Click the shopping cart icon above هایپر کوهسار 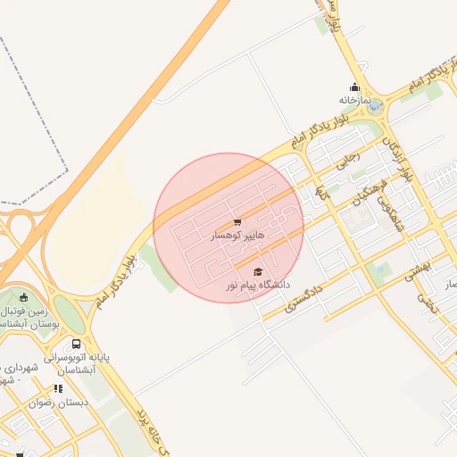237,222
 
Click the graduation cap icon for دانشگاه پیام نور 258,271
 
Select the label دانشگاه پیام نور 257,285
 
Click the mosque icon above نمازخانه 355,87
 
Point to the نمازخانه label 353,101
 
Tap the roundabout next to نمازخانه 376,106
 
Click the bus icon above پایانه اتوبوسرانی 76,344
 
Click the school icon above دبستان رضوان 58,388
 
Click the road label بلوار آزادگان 398,159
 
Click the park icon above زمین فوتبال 23,298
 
